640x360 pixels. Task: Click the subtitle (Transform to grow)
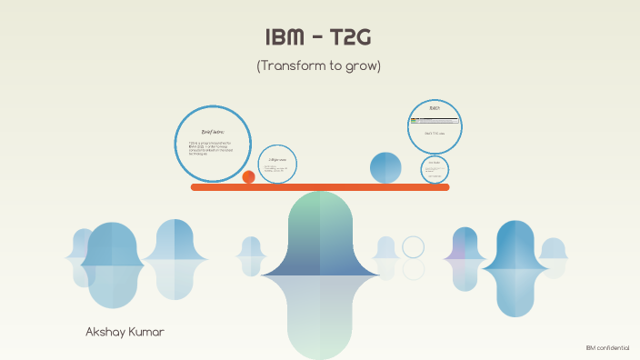pos(318,65)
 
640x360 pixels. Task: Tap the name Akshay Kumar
pos(125,333)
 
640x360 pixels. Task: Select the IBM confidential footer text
pos(607,348)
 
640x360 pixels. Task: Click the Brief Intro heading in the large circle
pos(212,133)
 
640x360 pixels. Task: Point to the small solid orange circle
pos(248,177)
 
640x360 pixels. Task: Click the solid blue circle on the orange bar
pos(385,167)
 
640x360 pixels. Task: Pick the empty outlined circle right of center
pos(414,247)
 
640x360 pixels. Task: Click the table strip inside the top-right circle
pos(434,120)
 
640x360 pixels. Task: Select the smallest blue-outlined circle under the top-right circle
pos(435,168)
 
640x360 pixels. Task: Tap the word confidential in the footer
pos(614,348)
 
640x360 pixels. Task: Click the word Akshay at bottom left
pos(103,333)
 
